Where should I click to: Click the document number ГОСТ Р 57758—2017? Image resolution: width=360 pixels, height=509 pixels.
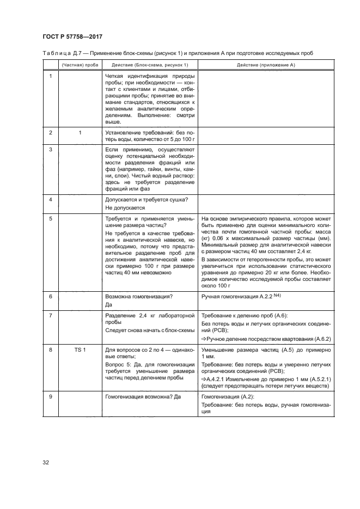(x=72, y=36)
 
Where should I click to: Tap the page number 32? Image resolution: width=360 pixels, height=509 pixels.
(x=46, y=462)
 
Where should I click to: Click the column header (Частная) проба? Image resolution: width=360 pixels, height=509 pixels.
(x=80, y=65)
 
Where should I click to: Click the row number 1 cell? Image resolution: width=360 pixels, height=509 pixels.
(x=51, y=76)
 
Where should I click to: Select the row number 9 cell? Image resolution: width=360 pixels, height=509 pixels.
(x=51, y=397)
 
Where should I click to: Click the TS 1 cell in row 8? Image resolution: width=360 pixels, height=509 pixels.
(x=80, y=349)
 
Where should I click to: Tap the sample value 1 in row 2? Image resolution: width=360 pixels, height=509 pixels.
(x=80, y=132)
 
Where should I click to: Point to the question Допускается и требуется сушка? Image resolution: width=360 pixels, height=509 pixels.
(x=146, y=199)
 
